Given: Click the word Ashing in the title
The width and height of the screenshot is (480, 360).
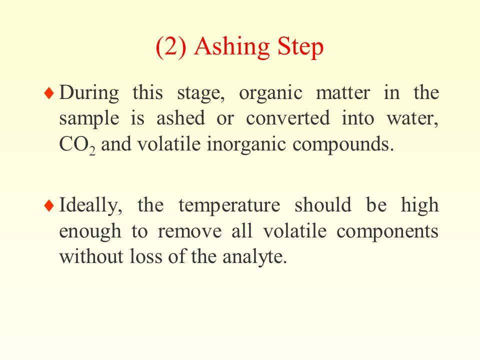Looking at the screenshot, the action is (x=231, y=47).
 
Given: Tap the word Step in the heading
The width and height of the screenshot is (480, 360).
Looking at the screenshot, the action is (x=300, y=47).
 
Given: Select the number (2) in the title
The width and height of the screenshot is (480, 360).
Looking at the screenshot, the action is (x=171, y=47).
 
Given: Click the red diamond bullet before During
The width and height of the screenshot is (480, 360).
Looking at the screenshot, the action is (x=49, y=93).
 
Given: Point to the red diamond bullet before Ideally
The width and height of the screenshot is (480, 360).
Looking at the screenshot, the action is (x=49, y=205).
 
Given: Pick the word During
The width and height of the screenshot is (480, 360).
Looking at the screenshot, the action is (x=89, y=93).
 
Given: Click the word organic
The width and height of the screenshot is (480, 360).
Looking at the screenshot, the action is (x=270, y=93).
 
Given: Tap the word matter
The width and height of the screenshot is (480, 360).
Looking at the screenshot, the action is (x=343, y=92).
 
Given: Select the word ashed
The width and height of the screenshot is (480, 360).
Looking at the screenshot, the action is (x=180, y=118).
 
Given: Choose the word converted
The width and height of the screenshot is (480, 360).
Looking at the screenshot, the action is (x=288, y=118).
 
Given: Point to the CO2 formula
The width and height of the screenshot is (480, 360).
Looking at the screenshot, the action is (x=77, y=145).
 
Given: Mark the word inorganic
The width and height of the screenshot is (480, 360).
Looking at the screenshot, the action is (x=246, y=145).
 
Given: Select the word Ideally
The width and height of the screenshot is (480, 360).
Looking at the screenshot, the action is (x=90, y=205).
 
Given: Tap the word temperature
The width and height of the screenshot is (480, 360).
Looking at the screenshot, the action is (x=229, y=205).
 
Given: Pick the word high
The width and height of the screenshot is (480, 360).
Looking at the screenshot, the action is (x=419, y=205).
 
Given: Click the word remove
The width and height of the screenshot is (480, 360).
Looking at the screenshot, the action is (x=189, y=231).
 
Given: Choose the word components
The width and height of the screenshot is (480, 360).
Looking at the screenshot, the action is (x=387, y=232).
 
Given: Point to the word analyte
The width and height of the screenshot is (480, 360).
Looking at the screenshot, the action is (x=254, y=256).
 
